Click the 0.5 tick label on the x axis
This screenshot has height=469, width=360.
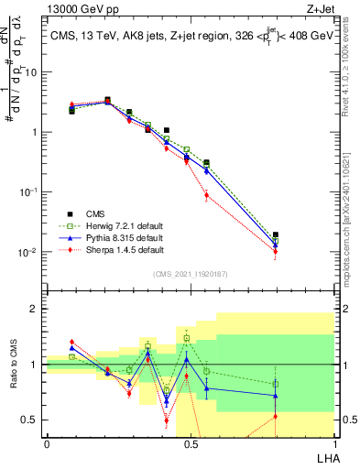[x=190, y=442]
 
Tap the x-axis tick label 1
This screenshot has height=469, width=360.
[x=334, y=442]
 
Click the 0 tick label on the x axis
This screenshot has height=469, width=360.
[x=46, y=442]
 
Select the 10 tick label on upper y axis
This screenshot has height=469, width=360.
[x=32, y=71]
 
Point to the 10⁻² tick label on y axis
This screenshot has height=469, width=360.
[x=30, y=252]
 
